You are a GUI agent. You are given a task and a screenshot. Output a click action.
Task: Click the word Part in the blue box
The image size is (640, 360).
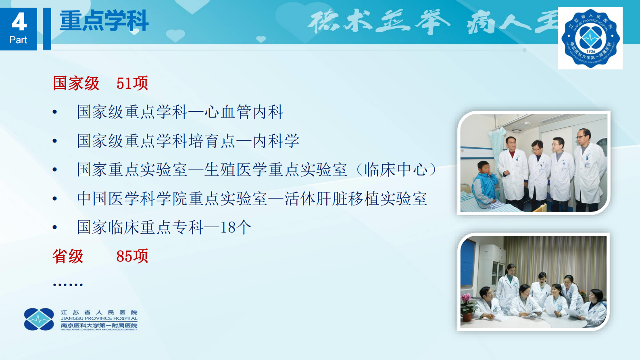(18, 40)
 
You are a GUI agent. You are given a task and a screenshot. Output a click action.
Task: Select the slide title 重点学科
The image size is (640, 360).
(104, 21)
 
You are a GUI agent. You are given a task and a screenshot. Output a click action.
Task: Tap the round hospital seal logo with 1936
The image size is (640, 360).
(590, 38)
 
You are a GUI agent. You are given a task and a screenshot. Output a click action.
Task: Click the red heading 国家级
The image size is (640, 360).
(76, 83)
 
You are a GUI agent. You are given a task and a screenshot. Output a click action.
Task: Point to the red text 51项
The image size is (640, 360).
(132, 83)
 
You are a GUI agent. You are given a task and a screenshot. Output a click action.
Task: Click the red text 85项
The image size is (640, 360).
(132, 256)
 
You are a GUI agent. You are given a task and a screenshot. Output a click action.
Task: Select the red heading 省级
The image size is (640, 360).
(68, 256)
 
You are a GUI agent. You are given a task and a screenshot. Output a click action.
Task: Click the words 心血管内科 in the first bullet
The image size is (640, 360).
(244, 112)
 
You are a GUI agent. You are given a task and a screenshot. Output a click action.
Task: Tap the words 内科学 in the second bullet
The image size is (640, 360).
(276, 141)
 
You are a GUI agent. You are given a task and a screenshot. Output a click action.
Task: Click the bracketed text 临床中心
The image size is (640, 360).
(396, 170)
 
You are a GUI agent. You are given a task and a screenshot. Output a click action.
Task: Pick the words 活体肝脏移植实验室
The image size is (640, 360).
(356, 199)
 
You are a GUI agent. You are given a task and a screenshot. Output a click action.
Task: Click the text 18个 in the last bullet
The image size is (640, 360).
(236, 227)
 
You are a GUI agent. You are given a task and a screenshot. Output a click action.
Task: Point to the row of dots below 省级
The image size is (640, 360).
(68, 285)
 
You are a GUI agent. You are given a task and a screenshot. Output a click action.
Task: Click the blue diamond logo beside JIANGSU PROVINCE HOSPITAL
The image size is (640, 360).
(39, 319)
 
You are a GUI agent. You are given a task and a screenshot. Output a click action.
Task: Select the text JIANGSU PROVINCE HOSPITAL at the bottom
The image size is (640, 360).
(99, 318)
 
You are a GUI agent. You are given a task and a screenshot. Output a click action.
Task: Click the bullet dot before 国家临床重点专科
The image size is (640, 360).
(55, 228)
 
